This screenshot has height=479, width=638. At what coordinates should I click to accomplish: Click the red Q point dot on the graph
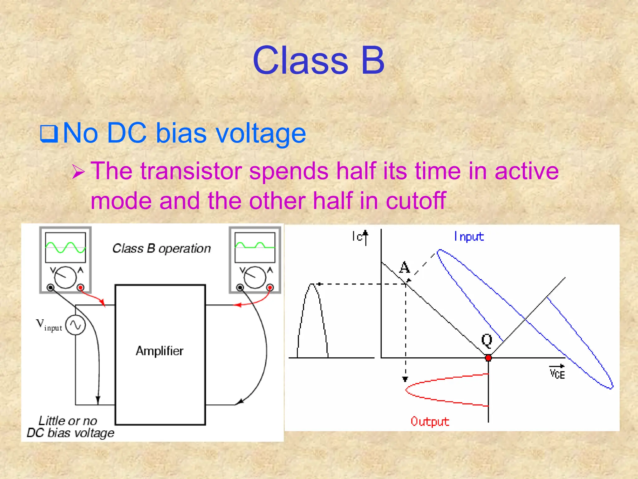tap(488, 358)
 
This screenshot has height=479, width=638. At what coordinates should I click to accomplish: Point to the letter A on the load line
tap(404, 267)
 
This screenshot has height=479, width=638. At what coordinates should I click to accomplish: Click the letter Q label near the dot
tap(487, 340)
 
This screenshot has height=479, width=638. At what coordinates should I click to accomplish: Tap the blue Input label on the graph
tap(469, 237)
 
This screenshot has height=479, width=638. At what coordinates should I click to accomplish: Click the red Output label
tap(430, 422)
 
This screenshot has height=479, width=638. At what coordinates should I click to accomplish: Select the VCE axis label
tap(557, 373)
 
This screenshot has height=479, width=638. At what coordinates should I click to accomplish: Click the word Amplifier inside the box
tap(159, 351)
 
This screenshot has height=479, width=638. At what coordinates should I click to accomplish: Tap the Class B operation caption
tap(161, 249)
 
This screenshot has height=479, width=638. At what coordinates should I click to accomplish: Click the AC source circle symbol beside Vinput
tap(75, 325)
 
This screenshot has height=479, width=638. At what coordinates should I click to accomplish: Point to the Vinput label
tap(49, 325)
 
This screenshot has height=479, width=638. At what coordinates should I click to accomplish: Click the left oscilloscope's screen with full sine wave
tap(65, 247)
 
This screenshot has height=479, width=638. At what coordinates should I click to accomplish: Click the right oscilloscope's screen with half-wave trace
tap(255, 247)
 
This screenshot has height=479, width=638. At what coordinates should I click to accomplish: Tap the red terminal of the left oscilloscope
tap(80, 287)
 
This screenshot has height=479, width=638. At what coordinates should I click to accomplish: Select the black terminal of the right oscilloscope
tap(240, 287)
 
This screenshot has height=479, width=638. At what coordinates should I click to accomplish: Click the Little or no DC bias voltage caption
tap(70, 427)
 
